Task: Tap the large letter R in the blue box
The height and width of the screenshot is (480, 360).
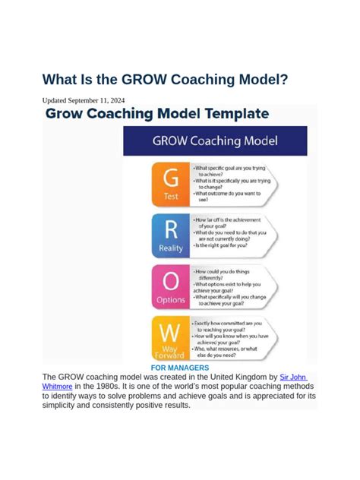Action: click(x=171, y=229)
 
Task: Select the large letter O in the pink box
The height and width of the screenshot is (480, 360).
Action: click(x=171, y=282)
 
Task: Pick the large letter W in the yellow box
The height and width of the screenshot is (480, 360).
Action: click(x=171, y=332)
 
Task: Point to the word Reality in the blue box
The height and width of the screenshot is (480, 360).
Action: click(x=171, y=248)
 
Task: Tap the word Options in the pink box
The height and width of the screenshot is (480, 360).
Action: click(x=171, y=300)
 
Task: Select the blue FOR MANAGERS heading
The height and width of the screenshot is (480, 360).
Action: click(x=179, y=368)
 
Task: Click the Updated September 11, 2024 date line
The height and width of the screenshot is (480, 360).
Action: click(x=84, y=100)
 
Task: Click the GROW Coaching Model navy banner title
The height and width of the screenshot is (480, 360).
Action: click(x=215, y=141)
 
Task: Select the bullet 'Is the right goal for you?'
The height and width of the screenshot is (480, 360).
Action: click(x=225, y=245)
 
